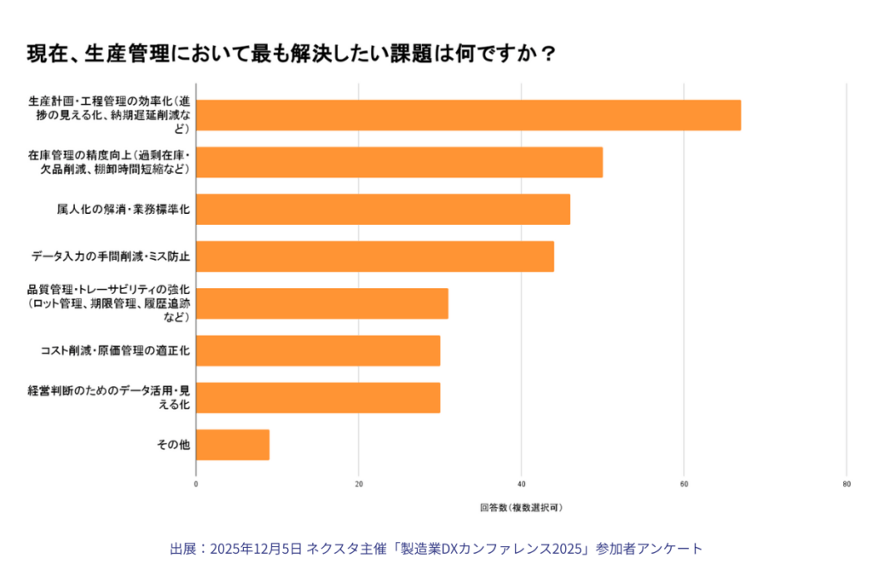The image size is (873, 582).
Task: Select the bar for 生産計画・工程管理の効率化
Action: (x=468, y=115)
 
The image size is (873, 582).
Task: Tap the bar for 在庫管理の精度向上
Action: (x=399, y=162)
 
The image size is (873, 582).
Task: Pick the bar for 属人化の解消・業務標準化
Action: (x=383, y=209)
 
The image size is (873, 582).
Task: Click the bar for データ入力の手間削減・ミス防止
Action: (x=375, y=256)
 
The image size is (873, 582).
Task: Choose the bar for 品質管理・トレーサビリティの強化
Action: (x=322, y=303)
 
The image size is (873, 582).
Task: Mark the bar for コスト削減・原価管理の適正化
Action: (x=318, y=350)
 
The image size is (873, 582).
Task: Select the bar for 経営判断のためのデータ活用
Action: (x=318, y=397)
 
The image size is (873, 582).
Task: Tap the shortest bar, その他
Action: (x=233, y=445)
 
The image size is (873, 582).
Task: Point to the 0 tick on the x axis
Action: (x=196, y=484)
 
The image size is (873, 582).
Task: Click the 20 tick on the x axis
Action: (x=359, y=484)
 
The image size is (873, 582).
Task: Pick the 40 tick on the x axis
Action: (x=522, y=484)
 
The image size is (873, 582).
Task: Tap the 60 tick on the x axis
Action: (x=684, y=484)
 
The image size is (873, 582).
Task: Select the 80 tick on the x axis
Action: (x=846, y=484)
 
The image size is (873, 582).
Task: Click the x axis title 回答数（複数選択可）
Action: (x=521, y=507)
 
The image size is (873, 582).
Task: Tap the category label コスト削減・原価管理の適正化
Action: (x=115, y=350)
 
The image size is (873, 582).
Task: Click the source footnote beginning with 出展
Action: (x=436, y=549)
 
